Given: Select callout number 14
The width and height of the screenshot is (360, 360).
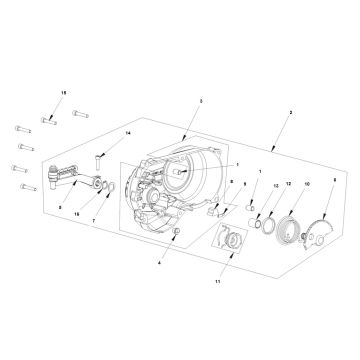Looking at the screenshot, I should click(128, 133).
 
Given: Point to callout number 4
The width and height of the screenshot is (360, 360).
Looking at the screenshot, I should click(157, 263).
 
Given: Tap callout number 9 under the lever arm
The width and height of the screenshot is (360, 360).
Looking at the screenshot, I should click(61, 209).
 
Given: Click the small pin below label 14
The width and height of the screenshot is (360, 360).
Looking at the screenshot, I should click(102, 158).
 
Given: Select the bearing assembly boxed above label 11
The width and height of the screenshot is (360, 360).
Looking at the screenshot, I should click(231, 244).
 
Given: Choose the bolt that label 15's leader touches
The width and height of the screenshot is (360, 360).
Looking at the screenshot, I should click(46, 119).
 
